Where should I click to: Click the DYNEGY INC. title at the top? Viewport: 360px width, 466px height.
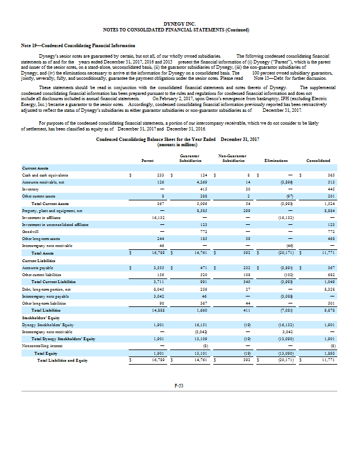180,22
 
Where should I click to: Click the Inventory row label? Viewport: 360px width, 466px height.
30,189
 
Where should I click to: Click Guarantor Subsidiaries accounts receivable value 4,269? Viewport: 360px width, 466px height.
203,182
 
